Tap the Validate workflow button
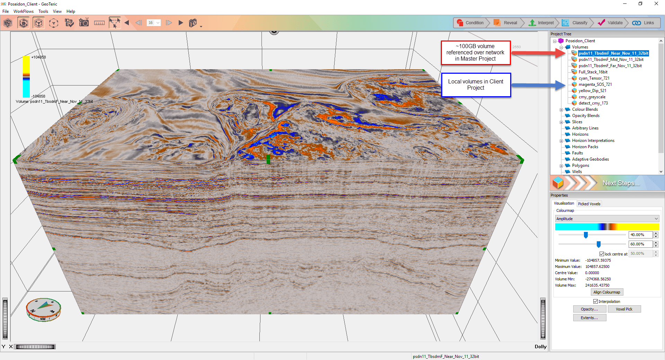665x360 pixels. pyautogui.click(x=610, y=23)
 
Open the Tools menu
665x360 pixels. pyautogui.click(x=43, y=11)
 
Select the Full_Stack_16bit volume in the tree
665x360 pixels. pyautogui.click(x=593, y=72)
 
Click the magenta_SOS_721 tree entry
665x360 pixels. pyautogui.click(x=595, y=84)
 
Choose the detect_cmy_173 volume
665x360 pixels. pyautogui.click(x=593, y=103)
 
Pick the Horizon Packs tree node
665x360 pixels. pyautogui.click(x=585, y=147)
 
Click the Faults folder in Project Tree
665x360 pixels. pyautogui.click(x=577, y=153)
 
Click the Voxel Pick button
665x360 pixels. pyautogui.click(x=624, y=309)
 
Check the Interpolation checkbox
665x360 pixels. pyautogui.click(x=596, y=301)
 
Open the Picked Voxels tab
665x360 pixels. pyautogui.click(x=589, y=204)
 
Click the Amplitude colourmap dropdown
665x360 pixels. pyautogui.click(x=607, y=219)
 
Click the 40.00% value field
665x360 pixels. pyautogui.click(x=640, y=235)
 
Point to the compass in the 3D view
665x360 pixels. pyautogui.click(x=44, y=309)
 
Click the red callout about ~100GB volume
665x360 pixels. pyautogui.click(x=475, y=53)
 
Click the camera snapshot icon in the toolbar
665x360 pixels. pyautogui.click(x=84, y=23)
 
